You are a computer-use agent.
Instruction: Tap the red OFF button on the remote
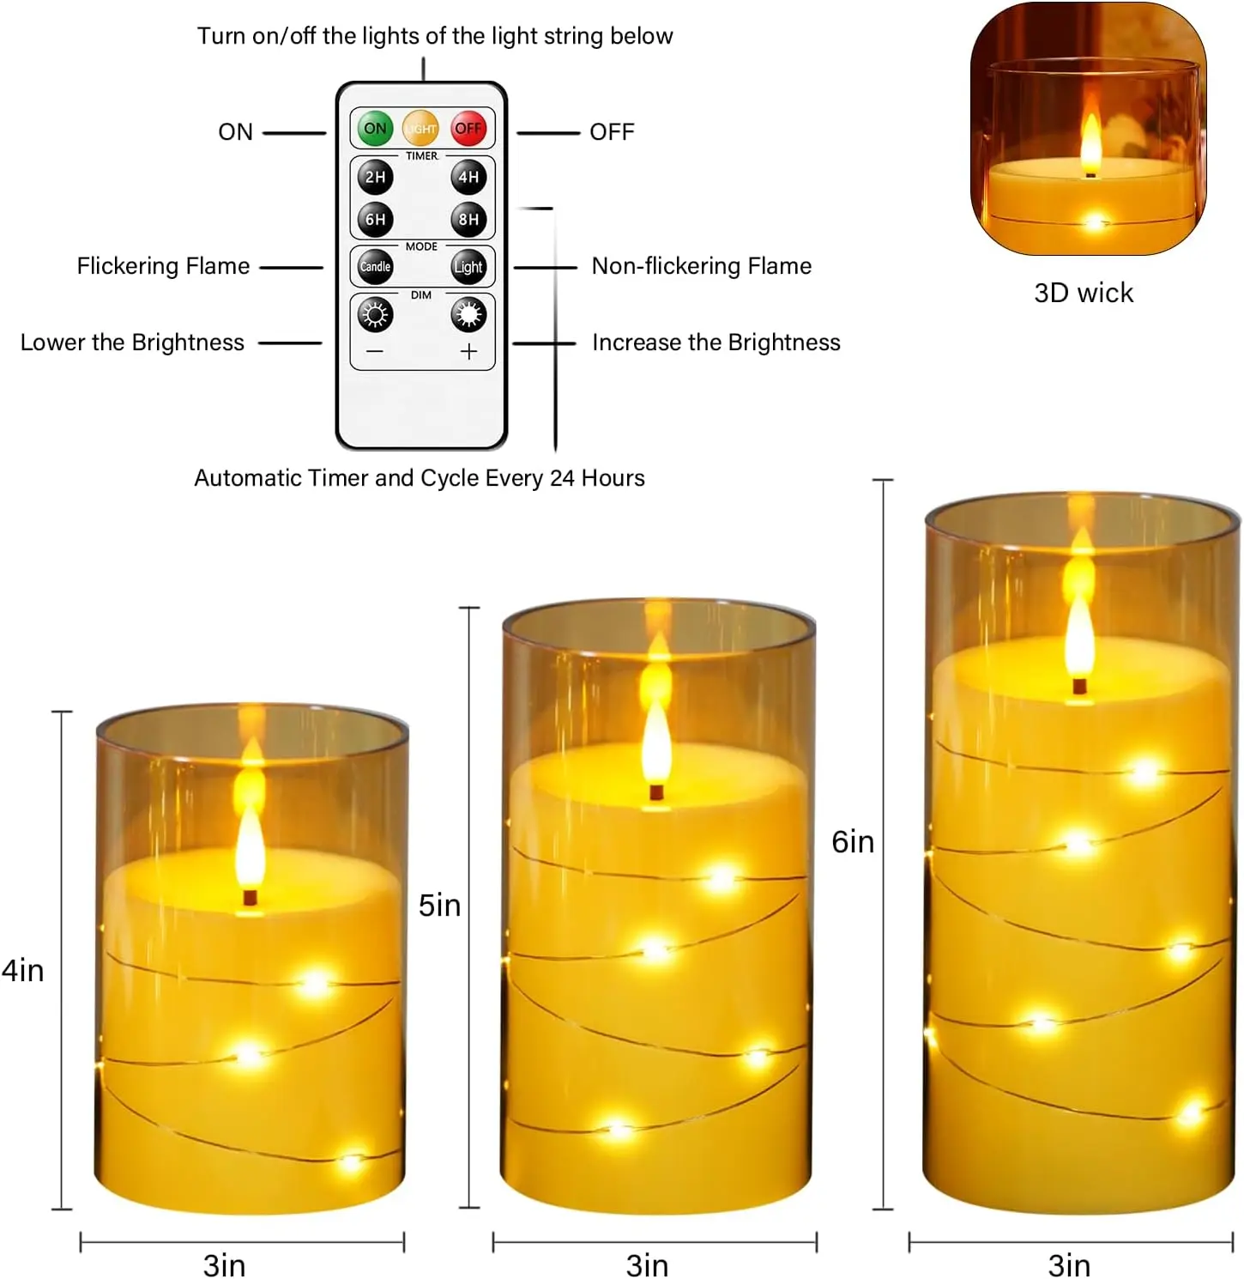coord(468,129)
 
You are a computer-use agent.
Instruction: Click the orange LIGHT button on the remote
coord(420,129)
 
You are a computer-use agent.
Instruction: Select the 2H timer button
coord(375,177)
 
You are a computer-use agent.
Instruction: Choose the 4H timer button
coord(468,177)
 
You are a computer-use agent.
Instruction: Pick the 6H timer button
coord(375,220)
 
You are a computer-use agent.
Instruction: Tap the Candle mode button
coord(375,267)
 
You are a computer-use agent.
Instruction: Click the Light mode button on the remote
coord(468,267)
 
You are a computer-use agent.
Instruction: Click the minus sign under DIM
coord(375,352)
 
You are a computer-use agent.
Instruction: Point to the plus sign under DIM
coord(468,352)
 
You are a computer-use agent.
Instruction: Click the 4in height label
coord(22,971)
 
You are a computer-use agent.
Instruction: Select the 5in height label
coord(439,906)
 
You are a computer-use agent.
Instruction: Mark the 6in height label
coord(853,842)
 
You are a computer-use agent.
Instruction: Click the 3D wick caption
coord(1084,293)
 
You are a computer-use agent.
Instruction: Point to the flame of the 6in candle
coord(1080,635)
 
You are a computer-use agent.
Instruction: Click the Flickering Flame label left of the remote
coord(163,266)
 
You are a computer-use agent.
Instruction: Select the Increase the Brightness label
coord(716,342)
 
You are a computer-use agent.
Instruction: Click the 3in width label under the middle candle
coord(647,1265)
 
